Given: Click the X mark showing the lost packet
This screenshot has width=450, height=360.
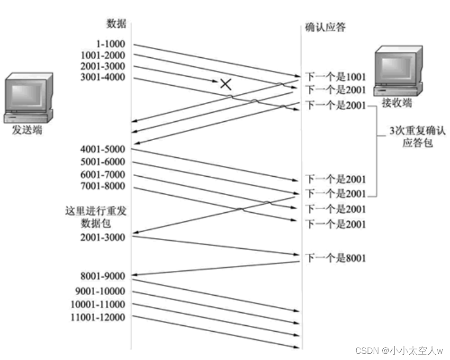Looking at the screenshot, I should click(x=226, y=84).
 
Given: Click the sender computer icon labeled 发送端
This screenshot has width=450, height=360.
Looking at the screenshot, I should click(x=27, y=97).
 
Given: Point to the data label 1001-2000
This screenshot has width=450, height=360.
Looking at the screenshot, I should click(x=103, y=55).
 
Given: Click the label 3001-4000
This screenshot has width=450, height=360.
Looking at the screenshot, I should click(x=103, y=77).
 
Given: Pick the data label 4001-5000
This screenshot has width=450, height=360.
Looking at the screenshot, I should click(x=103, y=149).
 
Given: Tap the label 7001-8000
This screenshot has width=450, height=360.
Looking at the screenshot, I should click(x=103, y=186).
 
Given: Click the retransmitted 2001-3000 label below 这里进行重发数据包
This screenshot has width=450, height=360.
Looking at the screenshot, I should click(x=103, y=237).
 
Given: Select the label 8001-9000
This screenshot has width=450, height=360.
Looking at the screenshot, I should click(x=103, y=276).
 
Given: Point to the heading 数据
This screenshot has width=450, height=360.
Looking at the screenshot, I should click(x=117, y=23).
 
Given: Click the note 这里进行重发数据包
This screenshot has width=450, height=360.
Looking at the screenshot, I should click(x=96, y=217).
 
